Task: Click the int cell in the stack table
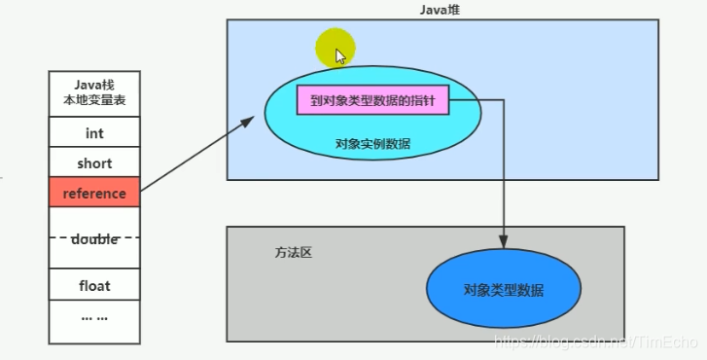pos(94,133)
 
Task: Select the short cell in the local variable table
pos(94,163)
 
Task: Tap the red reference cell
pos(94,194)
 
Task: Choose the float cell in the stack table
pos(94,286)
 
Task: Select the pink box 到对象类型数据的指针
pos(372,100)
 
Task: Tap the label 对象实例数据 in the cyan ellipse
pos(372,144)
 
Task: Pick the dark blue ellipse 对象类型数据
pos(503,290)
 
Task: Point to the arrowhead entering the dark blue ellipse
pos(504,243)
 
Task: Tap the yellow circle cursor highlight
pos(336,47)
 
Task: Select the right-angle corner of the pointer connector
pos(504,100)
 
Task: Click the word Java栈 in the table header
pos(94,84)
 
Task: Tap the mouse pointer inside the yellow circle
pos(340,55)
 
